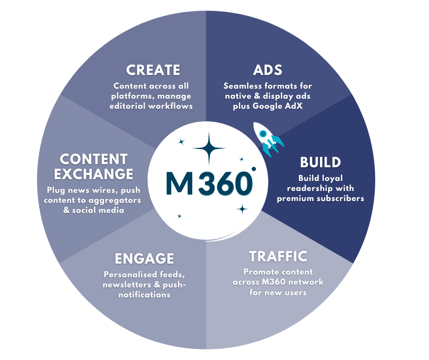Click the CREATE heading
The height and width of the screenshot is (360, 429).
[153, 70]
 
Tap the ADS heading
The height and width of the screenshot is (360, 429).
[267, 70]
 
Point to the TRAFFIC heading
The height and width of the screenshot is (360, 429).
[278, 256]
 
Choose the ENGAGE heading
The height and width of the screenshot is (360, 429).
[144, 259]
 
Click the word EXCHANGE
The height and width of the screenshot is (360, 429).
[94, 174]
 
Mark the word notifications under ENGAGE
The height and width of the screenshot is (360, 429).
[144, 295]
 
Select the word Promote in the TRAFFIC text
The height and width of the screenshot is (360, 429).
[260, 272]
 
